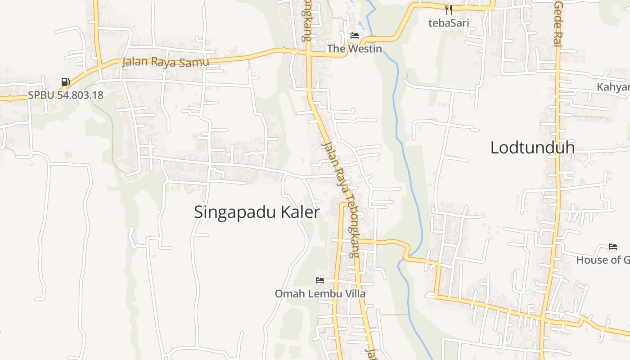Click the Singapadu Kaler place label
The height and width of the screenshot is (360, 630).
(256, 212)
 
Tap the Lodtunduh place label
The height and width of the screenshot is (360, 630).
(532, 148)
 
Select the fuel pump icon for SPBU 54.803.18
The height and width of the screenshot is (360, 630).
(66, 82)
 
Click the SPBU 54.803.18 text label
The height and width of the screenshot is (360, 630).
(66, 95)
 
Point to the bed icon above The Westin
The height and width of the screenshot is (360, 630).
(355, 36)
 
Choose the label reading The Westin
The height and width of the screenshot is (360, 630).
(355, 49)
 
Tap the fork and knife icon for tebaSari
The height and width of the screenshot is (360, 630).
(448, 10)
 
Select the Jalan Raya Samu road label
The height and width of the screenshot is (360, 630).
(166, 62)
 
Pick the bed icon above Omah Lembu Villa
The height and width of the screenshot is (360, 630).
(320, 280)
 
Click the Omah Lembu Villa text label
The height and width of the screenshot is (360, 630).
(320, 294)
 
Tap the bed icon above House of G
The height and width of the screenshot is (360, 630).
(612, 247)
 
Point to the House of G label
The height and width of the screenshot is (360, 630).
(603, 260)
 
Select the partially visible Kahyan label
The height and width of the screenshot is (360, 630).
(613, 87)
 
